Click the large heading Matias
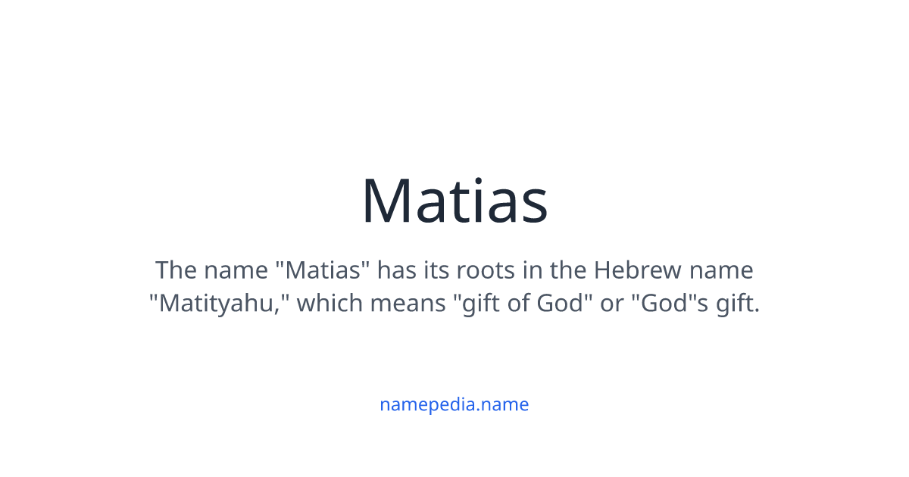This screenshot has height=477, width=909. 454,201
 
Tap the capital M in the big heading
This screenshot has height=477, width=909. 389,201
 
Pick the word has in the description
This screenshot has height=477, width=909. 394,270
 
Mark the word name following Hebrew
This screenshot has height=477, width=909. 726,271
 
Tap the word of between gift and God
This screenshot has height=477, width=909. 517,304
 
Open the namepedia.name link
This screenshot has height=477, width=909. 454,404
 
